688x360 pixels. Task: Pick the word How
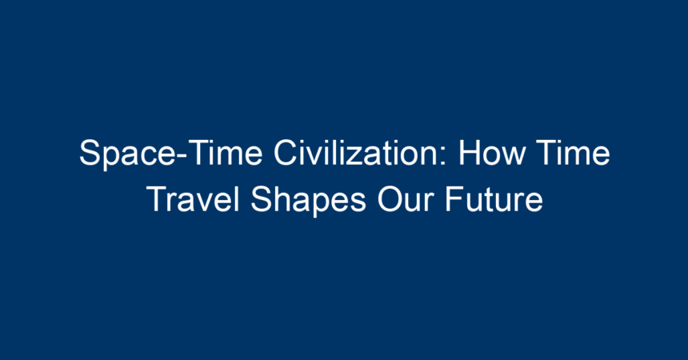(491, 152)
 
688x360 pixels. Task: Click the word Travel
(194, 199)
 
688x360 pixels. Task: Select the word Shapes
(308, 201)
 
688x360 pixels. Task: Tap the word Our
(405, 199)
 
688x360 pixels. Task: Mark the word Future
(494, 199)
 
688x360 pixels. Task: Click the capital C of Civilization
(286, 152)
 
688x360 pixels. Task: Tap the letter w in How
(513, 156)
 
